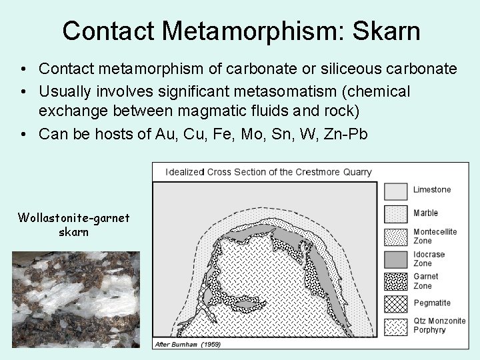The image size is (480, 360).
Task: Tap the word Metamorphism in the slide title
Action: coord(250,31)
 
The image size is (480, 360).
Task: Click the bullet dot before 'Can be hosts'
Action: coord(23,134)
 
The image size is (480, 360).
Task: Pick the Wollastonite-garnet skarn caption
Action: coord(73,225)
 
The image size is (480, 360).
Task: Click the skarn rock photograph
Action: coord(75,299)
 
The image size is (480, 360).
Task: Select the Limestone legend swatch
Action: coord(395,191)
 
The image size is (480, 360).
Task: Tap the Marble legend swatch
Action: coord(395,214)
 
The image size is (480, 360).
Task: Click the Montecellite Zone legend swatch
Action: coord(395,237)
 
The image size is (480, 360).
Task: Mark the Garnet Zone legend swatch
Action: coord(395,281)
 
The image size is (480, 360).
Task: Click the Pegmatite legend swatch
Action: coord(395,304)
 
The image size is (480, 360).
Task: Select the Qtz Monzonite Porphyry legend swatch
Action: coord(395,326)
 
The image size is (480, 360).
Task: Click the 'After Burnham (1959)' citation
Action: coord(187,345)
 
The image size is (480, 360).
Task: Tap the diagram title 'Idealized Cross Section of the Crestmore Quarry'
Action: coord(269,172)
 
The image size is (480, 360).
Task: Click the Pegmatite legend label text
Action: coord(432,303)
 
